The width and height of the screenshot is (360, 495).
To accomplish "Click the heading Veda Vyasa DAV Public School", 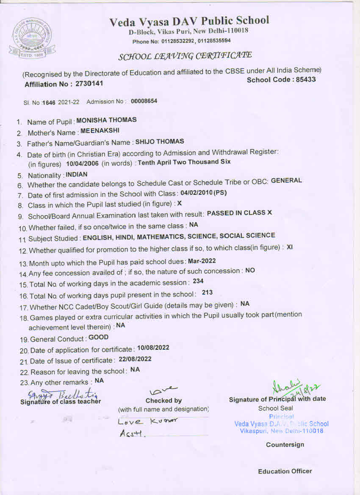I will coord(189,21).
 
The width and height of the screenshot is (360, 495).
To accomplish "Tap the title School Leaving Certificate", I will coord(185,56).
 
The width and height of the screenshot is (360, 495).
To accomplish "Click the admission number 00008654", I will coord(144,101).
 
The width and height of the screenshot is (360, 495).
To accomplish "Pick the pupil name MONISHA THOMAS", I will coord(106,120).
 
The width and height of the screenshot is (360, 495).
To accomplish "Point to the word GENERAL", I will coord(286,180).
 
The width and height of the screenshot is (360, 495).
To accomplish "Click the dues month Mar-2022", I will coord(202,261).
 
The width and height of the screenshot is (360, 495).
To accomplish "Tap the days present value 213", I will coord(207,292).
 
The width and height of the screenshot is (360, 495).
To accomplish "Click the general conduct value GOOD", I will coord(98,337).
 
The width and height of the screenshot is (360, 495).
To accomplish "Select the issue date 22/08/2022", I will coord(135,359).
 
